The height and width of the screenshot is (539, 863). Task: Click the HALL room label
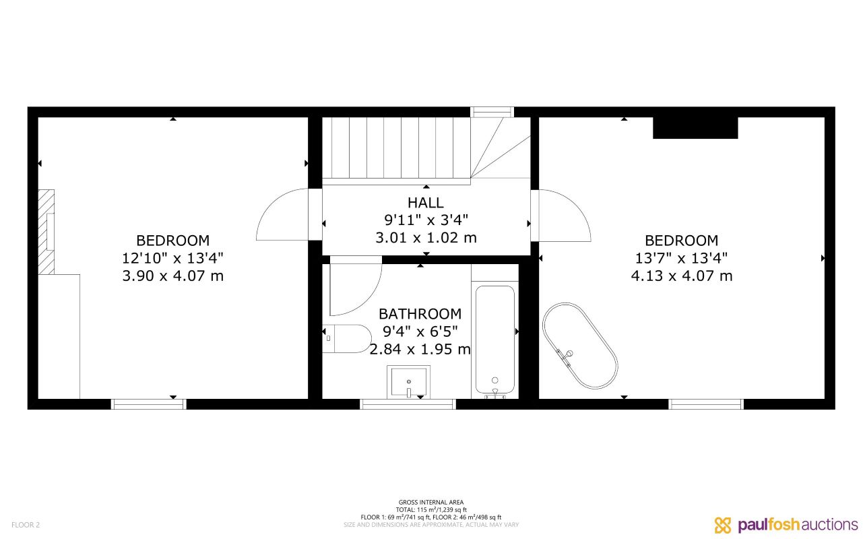point(426,202)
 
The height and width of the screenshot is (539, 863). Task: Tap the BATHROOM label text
point(420,314)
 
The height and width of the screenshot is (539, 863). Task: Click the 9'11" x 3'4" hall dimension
point(426,220)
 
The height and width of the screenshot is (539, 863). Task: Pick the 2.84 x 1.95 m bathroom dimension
point(420,349)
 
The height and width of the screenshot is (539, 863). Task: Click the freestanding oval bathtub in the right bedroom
point(580,346)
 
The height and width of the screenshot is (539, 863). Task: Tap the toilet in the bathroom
point(347,338)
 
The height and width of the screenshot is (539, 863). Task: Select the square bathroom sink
point(408,381)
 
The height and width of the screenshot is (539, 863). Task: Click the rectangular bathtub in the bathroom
point(495,340)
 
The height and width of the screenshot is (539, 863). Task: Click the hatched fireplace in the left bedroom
point(46,232)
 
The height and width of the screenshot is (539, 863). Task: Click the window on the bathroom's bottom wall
point(408,404)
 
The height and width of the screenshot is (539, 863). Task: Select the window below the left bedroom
point(148,404)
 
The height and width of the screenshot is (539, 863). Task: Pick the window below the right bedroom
point(706,404)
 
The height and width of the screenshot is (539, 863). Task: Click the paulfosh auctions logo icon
point(723,525)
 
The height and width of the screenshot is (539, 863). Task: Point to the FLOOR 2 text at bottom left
point(26,525)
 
